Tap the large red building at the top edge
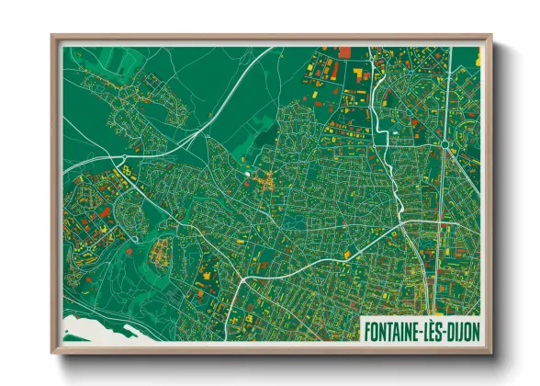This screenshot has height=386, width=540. coord(345,52)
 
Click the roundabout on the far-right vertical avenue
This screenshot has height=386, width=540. coord(444,144)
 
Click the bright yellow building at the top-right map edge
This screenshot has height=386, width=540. coord(478,56)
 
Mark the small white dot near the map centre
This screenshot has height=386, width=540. coord(246,172)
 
